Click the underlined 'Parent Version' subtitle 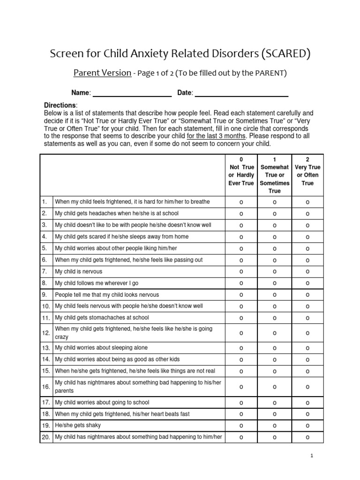tap(102, 73)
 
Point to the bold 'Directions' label tap(60, 105)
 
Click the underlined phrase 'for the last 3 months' tap(216, 136)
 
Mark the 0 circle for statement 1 tap(241, 202)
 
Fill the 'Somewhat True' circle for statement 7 tap(275, 272)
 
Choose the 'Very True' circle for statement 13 tap(307, 348)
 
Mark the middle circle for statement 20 tap(275, 437)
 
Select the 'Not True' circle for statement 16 tap(241, 387)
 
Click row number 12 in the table tap(46, 333)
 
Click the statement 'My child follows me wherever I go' tap(97, 283)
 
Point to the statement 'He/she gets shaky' tap(78, 425)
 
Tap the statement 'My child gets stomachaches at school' tap(102, 317)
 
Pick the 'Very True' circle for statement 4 tap(307, 237)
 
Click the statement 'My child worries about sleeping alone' tap(101, 348)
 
